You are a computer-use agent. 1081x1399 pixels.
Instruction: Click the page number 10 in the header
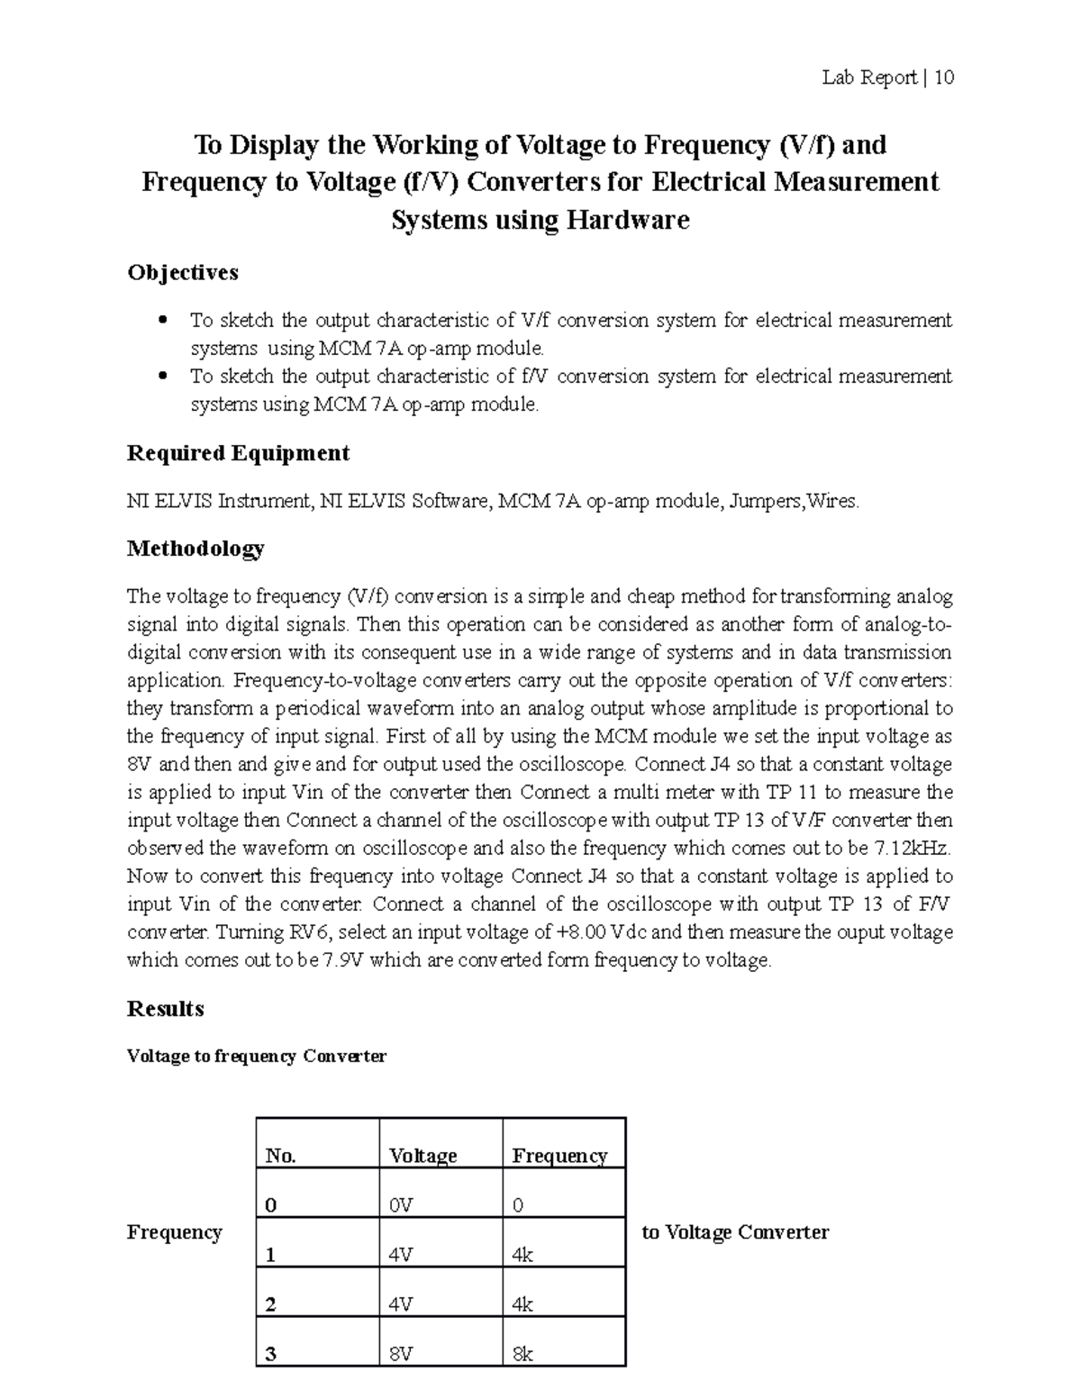point(943,77)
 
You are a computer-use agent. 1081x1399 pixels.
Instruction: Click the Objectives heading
point(183,272)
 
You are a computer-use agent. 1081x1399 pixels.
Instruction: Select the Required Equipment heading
point(238,452)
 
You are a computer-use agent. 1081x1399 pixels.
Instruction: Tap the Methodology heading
point(195,548)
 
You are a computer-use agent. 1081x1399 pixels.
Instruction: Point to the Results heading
point(166,1008)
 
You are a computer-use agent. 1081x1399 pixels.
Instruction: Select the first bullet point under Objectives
point(163,321)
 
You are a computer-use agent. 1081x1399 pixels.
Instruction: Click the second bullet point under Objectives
point(163,377)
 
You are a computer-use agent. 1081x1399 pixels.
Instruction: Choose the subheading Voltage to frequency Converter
point(257,1056)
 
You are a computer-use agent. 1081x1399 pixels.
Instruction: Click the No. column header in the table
point(280,1156)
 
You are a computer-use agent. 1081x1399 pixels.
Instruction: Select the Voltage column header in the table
point(422,1156)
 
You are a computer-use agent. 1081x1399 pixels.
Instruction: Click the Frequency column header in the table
point(559,1156)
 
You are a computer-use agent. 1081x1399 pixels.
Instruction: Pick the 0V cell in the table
point(401,1206)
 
